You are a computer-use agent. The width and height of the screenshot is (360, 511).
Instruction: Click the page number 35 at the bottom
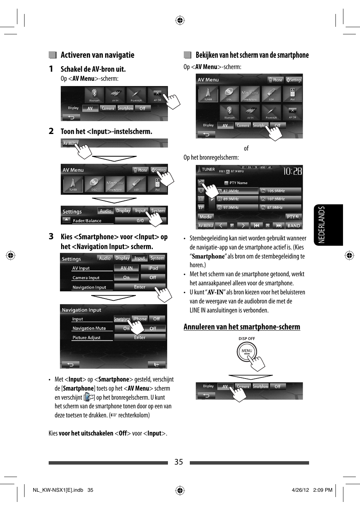pos(178,462)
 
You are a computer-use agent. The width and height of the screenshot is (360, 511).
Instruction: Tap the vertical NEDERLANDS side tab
pos(322,225)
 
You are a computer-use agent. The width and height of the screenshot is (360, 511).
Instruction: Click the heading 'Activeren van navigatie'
pos(97,55)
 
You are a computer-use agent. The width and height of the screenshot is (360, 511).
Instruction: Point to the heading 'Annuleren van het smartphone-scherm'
pos(242,327)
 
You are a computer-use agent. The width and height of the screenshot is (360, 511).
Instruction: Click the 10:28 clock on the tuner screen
pos(292,172)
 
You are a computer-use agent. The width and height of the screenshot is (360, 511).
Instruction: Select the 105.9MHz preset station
pos(280,191)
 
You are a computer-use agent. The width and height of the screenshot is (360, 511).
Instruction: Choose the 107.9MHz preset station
pos(280,199)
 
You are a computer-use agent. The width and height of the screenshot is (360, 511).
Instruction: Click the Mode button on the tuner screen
pos(206,217)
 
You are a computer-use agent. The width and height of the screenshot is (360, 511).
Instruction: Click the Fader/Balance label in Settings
pos(87,221)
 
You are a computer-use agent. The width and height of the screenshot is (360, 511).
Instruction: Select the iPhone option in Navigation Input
pos(140,319)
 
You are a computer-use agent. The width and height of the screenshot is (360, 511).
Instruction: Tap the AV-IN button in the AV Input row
pos(126,268)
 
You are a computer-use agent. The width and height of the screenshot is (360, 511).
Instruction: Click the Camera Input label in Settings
pos(86,278)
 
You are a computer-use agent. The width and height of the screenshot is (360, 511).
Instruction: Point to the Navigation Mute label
pos(89,328)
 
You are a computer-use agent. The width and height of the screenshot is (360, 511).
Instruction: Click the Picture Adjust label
pos(86,338)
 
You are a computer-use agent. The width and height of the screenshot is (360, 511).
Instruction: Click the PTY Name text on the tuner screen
pos(238,183)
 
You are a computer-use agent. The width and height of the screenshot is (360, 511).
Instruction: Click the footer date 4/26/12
pos(300,490)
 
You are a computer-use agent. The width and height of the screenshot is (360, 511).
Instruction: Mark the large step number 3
pos(51,237)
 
